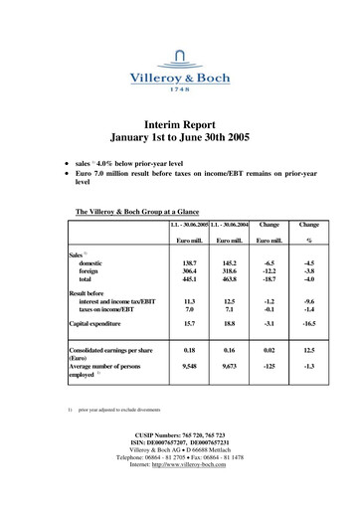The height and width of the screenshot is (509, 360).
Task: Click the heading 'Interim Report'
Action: point(180,117)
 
